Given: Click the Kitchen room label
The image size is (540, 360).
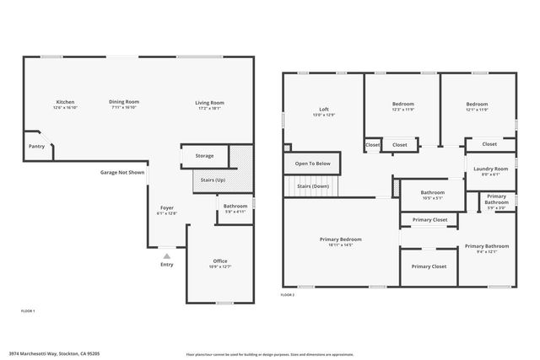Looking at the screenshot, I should pos(65,102).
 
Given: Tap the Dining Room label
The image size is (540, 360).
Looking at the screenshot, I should pos(123,102).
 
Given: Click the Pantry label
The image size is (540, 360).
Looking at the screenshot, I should pos(36,146).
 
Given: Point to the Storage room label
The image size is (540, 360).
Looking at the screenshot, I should pos(204,155).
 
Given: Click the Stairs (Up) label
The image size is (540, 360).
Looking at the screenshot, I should pos(209,180).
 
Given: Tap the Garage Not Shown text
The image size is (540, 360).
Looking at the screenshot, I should pos(123,172).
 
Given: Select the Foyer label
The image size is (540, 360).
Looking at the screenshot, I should pos(167,207).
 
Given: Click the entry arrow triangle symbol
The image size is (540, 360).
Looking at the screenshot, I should pos(167,254).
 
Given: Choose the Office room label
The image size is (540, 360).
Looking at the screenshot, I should pos(219,261).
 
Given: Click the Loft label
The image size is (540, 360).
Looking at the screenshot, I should pos(324,108).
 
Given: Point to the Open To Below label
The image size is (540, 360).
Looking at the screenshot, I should pos(312,164).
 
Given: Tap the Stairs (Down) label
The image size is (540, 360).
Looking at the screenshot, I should pos(312,185).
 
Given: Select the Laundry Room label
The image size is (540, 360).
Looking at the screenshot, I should pos(490,169).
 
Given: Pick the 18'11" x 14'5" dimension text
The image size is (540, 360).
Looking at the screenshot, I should pos(341,244).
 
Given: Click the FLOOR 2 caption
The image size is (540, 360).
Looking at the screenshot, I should pos(288,295).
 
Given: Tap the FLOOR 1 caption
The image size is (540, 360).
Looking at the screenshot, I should pos(28,311).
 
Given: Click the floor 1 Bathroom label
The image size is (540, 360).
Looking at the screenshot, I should pos(235,207).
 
